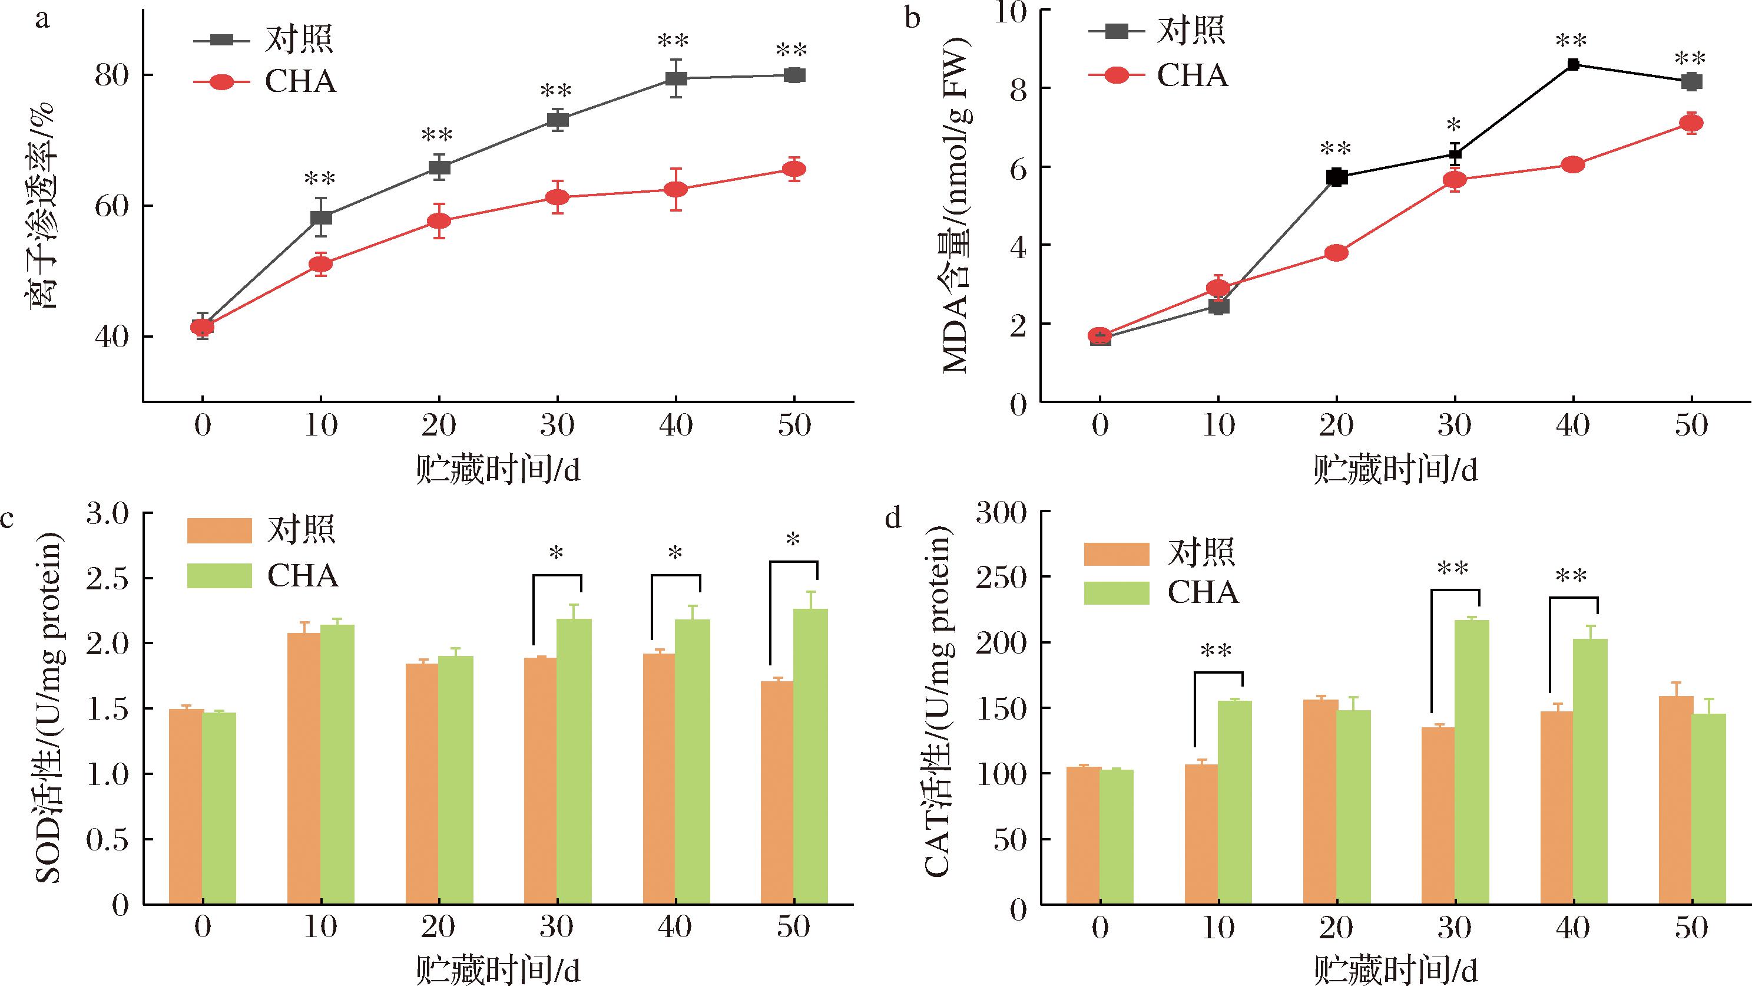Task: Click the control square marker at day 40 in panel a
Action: pyautogui.click(x=675, y=78)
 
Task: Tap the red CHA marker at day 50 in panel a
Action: pyautogui.click(x=794, y=169)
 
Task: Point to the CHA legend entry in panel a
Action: pyautogui.click(x=300, y=82)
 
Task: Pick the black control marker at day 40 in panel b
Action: pyautogui.click(x=1573, y=65)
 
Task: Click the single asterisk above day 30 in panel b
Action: pyautogui.click(x=1455, y=127)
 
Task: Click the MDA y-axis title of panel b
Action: pyautogui.click(x=956, y=204)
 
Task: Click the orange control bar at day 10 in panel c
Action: pyautogui.click(x=304, y=769)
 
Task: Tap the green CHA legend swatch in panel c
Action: pyautogui.click(x=219, y=576)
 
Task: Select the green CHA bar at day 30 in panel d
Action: pyautogui.click(x=1471, y=762)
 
